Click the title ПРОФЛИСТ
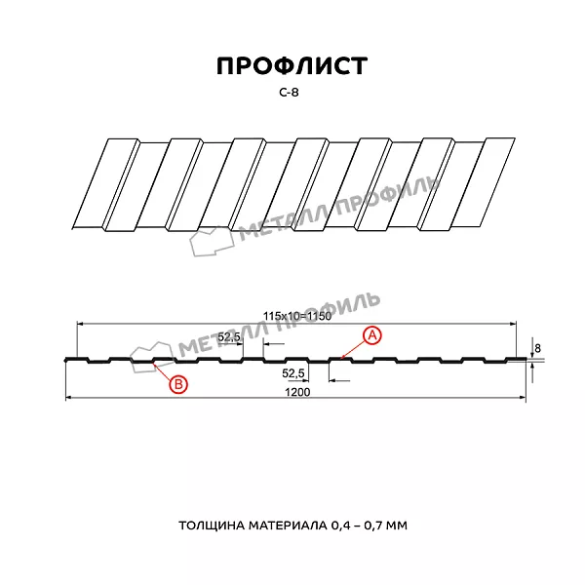(292, 65)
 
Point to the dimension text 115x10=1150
(297, 315)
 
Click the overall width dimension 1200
(297, 392)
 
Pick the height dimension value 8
(537, 346)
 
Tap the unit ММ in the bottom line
(397, 526)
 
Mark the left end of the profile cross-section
(65, 361)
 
